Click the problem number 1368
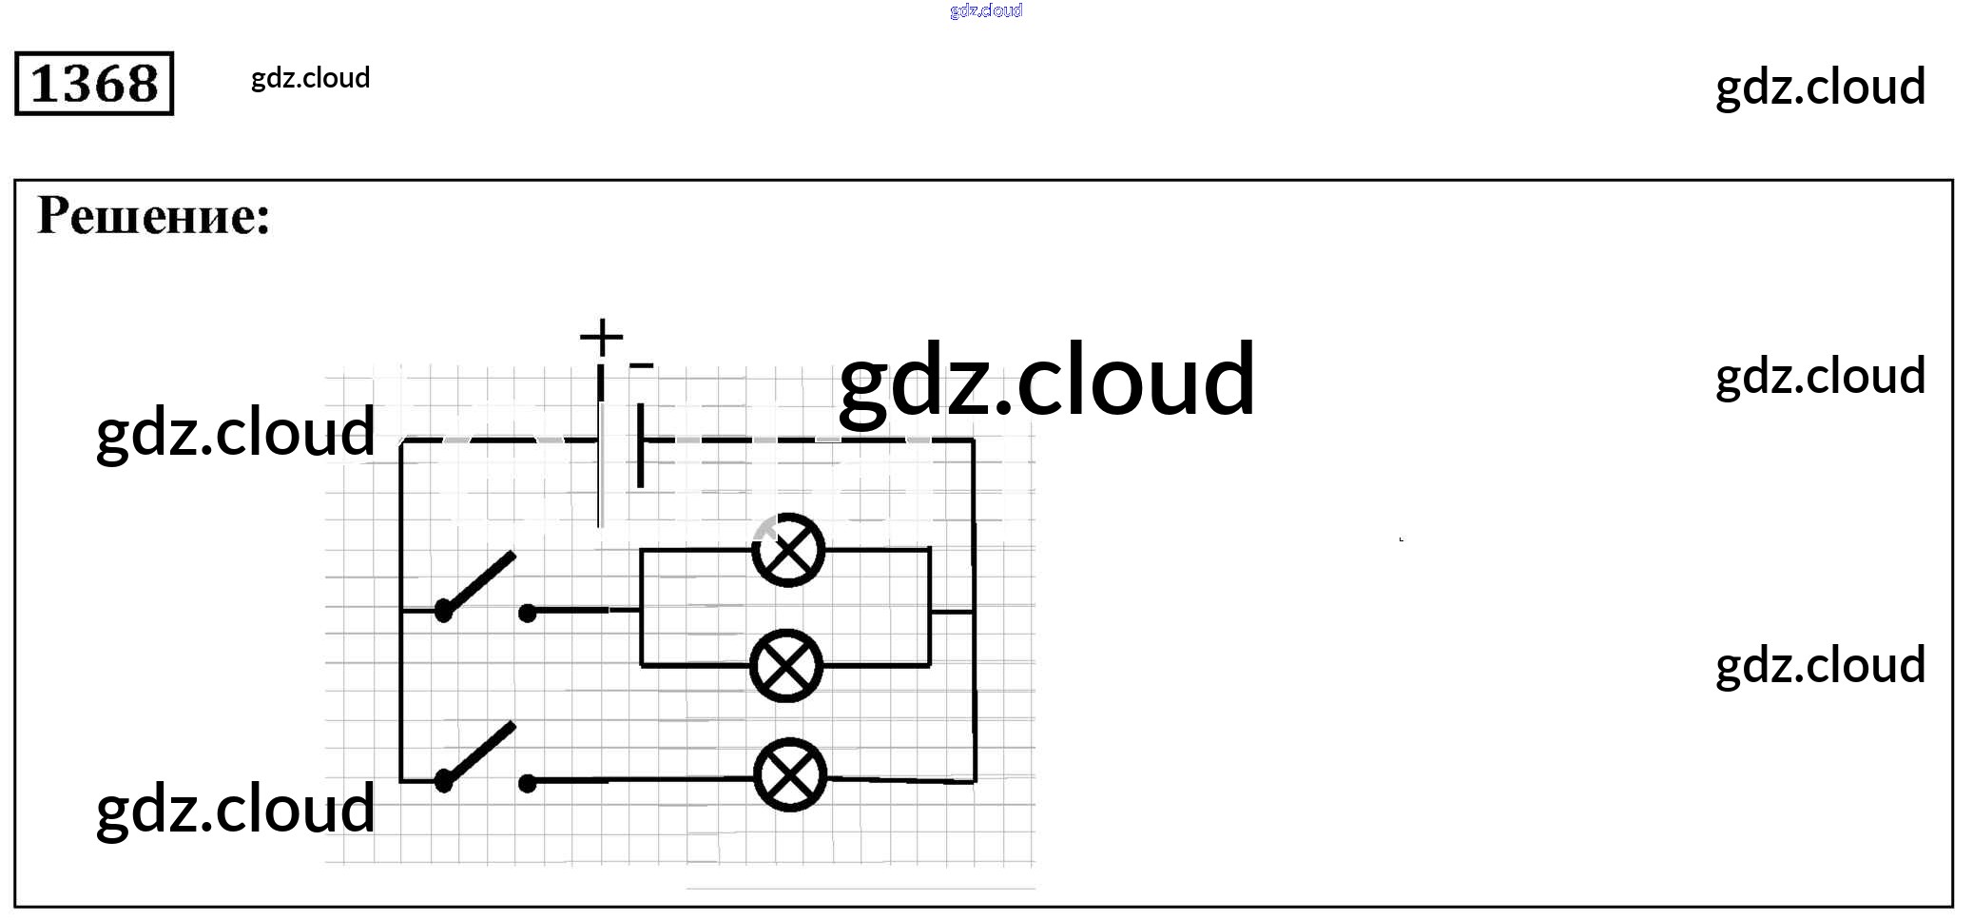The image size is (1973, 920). click(x=94, y=84)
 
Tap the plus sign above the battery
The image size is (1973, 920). click(x=601, y=337)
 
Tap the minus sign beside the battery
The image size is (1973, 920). click(x=642, y=364)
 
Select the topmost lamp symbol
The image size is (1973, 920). click(x=788, y=550)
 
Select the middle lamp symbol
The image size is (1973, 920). click(x=786, y=665)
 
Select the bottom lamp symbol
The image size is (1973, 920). click(x=790, y=774)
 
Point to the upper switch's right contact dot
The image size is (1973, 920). click(x=528, y=613)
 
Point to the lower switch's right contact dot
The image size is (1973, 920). click(x=528, y=783)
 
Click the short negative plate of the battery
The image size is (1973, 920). click(x=641, y=445)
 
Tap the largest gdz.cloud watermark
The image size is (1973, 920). click(x=1046, y=381)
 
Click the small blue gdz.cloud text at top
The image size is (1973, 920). click(x=986, y=10)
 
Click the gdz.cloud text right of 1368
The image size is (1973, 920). click(x=310, y=78)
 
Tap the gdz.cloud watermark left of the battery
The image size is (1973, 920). click(x=236, y=433)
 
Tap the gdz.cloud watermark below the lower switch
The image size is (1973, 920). click(x=236, y=809)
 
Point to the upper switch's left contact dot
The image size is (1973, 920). click(x=443, y=611)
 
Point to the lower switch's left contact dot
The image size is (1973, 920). click(x=443, y=781)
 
